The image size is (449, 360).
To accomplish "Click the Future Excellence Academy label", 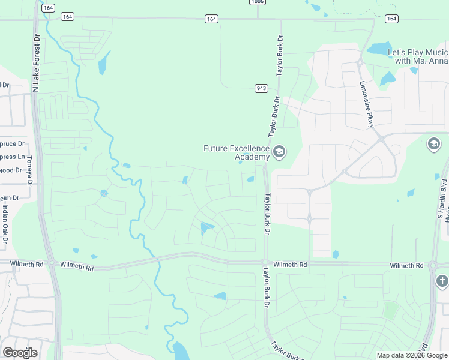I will point(237,152).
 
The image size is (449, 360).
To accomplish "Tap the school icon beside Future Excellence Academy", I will point(279,152).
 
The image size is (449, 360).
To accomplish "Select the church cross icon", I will point(442,281).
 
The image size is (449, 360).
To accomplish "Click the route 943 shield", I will point(261,88).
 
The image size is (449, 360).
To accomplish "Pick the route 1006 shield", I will point(258,2).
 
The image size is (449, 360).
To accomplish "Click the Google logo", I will point(20,352).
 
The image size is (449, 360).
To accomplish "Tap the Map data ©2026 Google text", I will point(412,355).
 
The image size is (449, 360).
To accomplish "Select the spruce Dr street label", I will point(12,144).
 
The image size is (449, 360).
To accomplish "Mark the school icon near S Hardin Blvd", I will point(434,144).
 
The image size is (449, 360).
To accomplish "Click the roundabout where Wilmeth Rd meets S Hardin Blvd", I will point(433,265).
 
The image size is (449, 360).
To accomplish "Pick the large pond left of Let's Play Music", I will point(378,49).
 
